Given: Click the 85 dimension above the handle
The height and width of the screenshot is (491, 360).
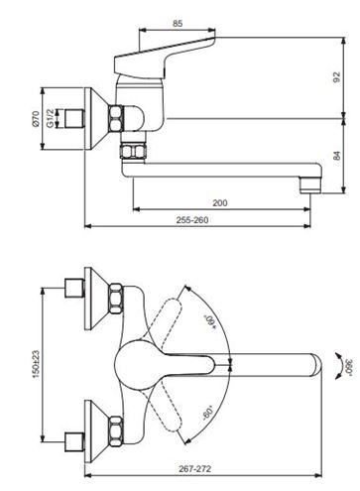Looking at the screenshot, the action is pos(178,24).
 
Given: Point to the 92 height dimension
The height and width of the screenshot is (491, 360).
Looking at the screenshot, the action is pos(336,77).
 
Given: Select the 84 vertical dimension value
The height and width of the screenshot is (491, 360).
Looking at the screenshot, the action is pos(336,156).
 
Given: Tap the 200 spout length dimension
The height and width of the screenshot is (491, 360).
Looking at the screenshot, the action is pos(220,202).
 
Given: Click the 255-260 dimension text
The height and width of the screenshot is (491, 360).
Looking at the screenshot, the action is pos(192,220).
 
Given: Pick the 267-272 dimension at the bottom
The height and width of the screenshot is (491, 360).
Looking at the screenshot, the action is pos(195,468).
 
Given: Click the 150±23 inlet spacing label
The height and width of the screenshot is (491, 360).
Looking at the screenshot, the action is pos(36,364).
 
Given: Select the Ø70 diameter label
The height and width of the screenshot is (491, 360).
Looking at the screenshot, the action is pos(36,119).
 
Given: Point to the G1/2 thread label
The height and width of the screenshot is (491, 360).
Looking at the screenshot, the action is pos(50,118).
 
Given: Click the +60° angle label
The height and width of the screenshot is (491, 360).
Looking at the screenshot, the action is pos(210,322).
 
